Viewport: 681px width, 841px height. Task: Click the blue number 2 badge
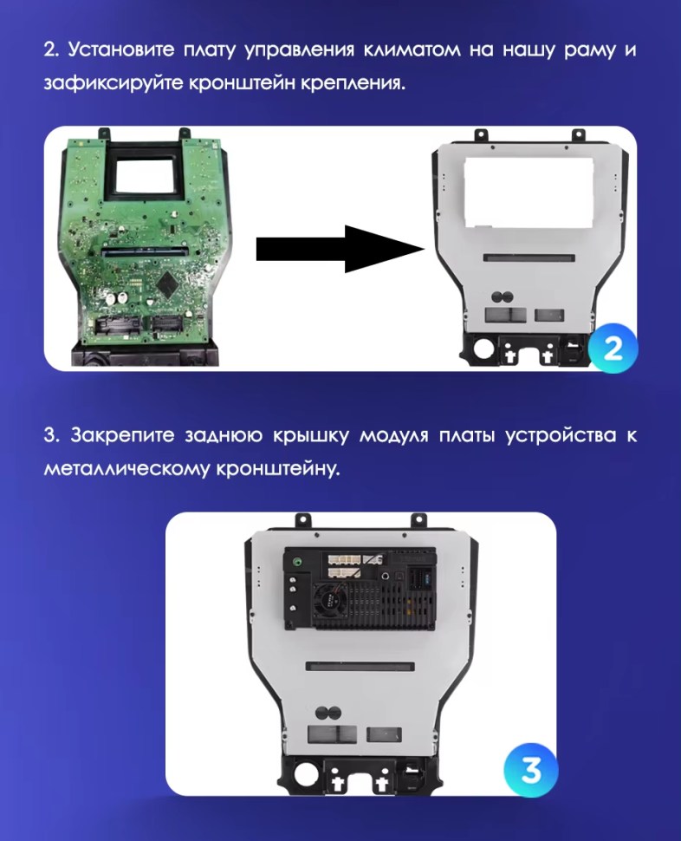tap(613, 349)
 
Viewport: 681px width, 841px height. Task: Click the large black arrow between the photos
tap(338, 249)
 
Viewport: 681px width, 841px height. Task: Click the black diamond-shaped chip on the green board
tap(165, 283)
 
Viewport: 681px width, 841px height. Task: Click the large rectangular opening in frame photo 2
tap(528, 190)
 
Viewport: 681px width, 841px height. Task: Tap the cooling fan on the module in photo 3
tap(331, 598)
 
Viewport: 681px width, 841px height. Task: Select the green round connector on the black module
tap(299, 561)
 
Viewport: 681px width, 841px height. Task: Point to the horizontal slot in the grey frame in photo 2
tap(529, 258)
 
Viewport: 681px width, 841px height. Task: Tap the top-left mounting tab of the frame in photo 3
tap(303, 519)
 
